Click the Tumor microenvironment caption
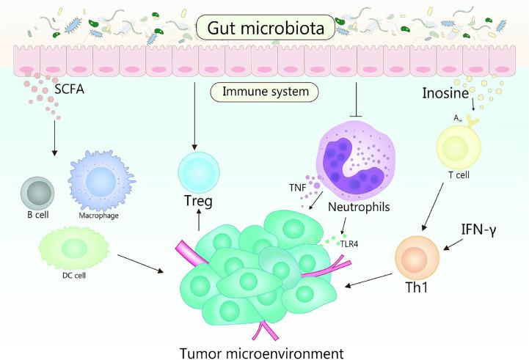(259, 348)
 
